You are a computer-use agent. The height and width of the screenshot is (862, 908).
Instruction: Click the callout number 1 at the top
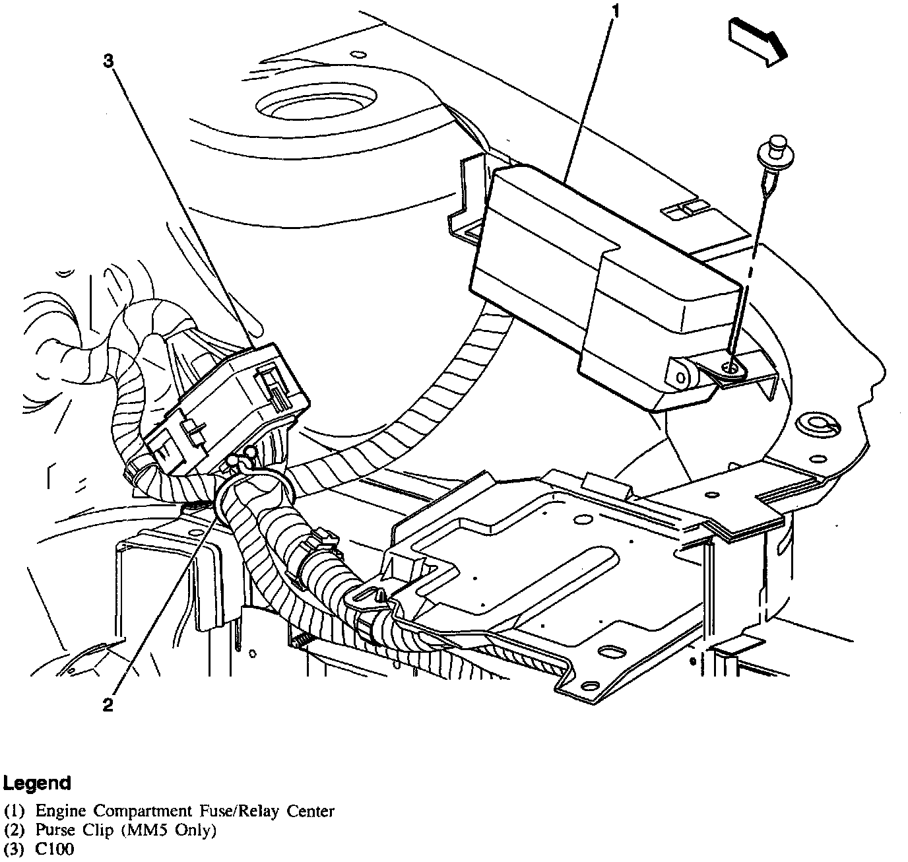point(614,11)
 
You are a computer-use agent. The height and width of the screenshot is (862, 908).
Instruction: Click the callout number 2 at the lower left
point(108,705)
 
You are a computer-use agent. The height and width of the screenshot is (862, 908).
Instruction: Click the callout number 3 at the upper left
point(109,61)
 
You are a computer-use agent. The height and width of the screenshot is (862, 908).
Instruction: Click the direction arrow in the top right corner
point(758,42)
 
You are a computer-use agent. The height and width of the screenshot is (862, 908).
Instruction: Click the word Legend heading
point(37,783)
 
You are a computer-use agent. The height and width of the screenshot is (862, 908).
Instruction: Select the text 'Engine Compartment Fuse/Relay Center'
point(185,811)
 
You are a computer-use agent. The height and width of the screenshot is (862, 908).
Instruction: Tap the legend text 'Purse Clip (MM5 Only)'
point(126,830)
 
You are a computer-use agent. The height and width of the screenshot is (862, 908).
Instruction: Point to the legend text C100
point(55,849)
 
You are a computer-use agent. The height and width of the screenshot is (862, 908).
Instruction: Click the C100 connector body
point(224,409)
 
